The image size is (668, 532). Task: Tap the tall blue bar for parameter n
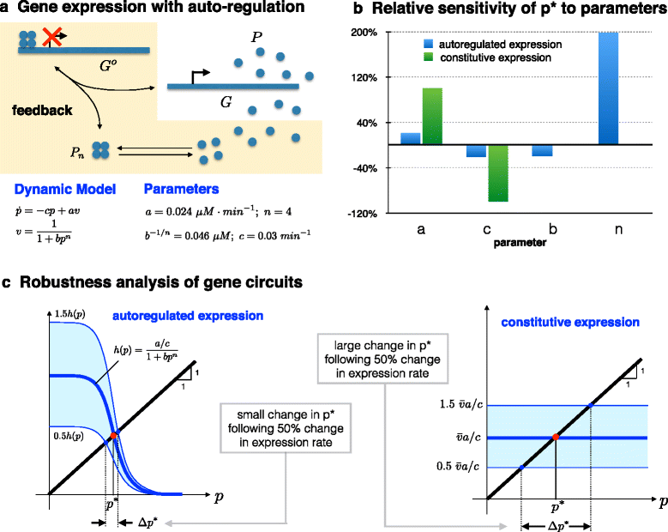[x=608, y=88]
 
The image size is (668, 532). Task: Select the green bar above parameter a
[x=431, y=116]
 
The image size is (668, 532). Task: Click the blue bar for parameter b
[x=542, y=150]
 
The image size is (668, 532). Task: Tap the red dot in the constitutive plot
[x=556, y=437]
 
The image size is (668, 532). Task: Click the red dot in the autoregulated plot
[x=113, y=437]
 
